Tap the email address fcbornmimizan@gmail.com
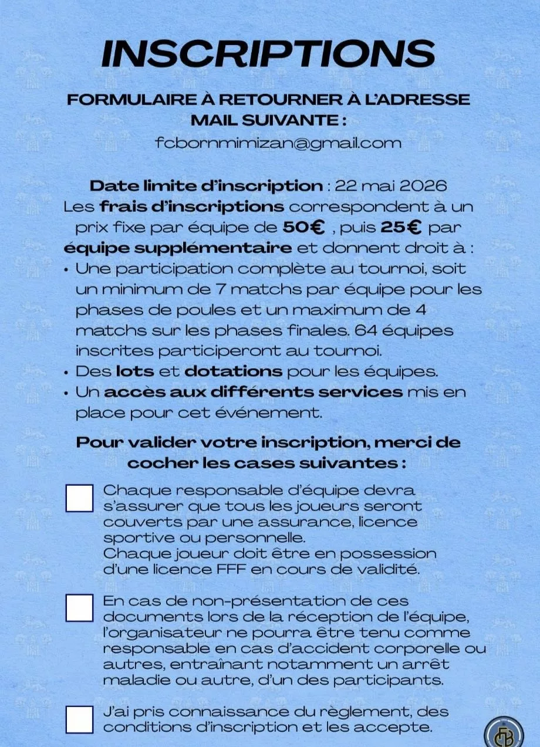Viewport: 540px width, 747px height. click(x=278, y=143)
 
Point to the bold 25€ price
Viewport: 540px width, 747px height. click(x=403, y=227)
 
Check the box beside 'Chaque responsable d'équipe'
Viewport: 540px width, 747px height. click(x=79, y=498)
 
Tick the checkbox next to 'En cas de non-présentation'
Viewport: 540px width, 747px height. click(x=79, y=608)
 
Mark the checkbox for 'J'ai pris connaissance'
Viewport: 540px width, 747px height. click(x=79, y=719)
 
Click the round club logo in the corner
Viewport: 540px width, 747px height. click(x=503, y=733)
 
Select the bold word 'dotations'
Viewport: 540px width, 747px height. click(x=233, y=371)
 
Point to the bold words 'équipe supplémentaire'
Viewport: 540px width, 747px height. click(x=177, y=248)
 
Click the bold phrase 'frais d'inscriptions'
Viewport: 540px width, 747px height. click(x=191, y=207)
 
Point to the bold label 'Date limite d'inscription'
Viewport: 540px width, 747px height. click(x=205, y=186)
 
